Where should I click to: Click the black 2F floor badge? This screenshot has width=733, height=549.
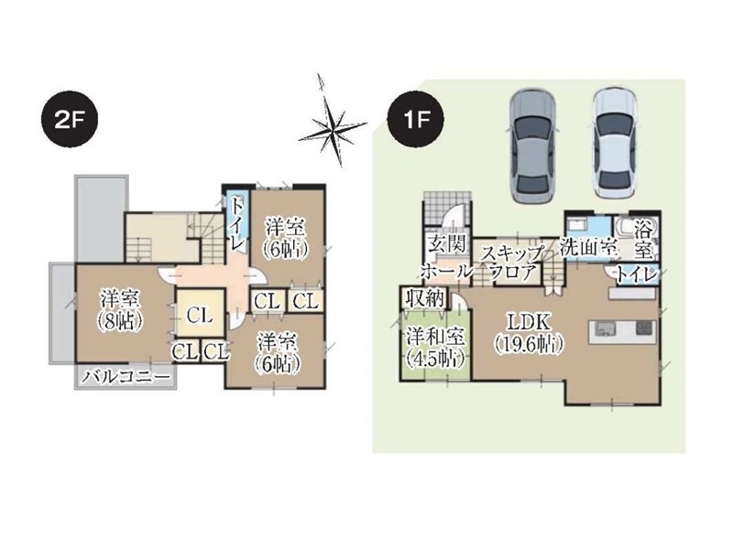click(x=70, y=121)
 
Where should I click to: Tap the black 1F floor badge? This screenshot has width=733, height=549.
click(x=416, y=121)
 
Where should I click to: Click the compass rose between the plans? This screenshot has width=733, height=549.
click(x=332, y=123)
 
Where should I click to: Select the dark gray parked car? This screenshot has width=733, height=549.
click(x=532, y=146)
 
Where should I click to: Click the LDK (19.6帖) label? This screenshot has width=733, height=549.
click(x=530, y=333)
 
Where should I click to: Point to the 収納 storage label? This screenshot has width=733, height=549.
click(x=424, y=298)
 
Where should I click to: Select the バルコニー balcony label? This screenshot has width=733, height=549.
click(x=126, y=378)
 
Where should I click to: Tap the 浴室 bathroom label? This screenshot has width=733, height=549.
click(x=644, y=242)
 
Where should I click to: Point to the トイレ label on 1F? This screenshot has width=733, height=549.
click(x=637, y=275)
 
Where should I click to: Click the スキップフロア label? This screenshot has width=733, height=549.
click(x=513, y=263)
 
